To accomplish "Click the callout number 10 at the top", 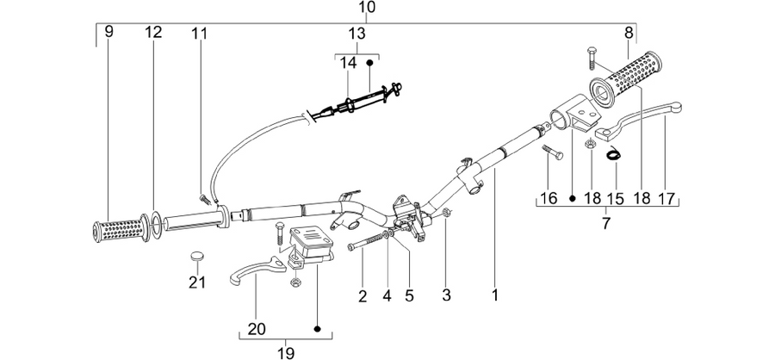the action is (366, 8).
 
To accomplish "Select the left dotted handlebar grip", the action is (121, 229).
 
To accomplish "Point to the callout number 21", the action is (196, 282).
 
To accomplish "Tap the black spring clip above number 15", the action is (613, 154).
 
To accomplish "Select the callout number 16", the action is (549, 199).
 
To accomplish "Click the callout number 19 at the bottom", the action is (286, 353).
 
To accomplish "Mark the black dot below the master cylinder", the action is (317, 329).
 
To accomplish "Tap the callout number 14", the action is (348, 63).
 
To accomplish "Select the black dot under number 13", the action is (369, 63).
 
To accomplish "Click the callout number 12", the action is (153, 33).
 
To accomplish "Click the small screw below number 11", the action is (204, 199).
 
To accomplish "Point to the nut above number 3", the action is (446, 213).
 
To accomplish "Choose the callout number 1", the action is (495, 295).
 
